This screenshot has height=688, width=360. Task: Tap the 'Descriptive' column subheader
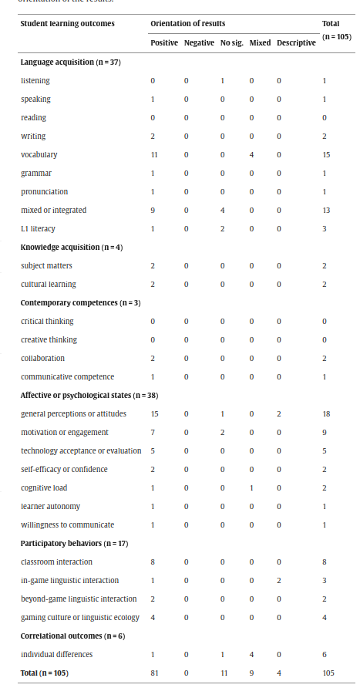[296, 42]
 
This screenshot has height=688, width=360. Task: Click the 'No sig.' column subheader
[231, 42]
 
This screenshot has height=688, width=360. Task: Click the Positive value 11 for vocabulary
[154, 154]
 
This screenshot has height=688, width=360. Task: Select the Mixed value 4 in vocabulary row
[259, 154]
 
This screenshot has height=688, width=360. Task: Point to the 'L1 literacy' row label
[38, 228]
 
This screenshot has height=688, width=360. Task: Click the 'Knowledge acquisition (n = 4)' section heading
[66, 247]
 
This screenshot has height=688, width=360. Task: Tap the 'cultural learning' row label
[49, 284]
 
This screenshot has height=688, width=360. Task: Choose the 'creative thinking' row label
[49, 339]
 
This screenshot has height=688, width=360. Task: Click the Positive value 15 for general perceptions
[154, 413]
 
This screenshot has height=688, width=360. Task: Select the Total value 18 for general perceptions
[325, 413]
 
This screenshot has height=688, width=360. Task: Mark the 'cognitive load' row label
[43, 487]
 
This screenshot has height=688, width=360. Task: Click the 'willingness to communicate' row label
[64, 524]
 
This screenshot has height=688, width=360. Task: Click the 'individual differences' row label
[56, 654]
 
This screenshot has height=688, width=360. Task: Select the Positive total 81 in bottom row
[154, 673]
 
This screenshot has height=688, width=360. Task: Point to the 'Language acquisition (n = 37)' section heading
[70, 62]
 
